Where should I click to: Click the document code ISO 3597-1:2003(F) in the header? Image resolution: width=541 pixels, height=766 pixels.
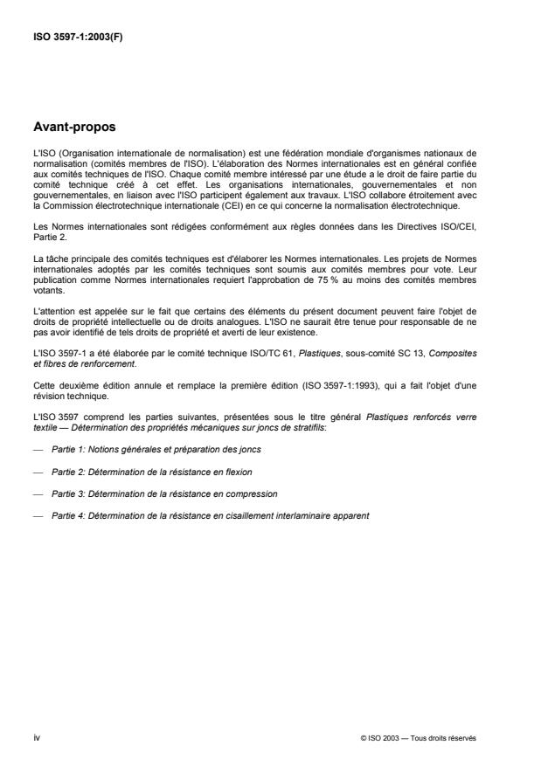click(x=78, y=38)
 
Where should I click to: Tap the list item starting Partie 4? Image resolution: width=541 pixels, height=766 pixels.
click(x=210, y=516)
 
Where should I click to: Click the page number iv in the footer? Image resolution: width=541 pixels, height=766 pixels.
click(x=36, y=738)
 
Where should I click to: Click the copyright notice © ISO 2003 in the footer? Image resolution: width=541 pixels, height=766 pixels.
click(x=419, y=738)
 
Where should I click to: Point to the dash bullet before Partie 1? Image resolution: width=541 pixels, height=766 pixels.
click(x=36, y=448)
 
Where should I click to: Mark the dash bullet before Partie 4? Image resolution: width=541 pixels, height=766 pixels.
click(x=36, y=516)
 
